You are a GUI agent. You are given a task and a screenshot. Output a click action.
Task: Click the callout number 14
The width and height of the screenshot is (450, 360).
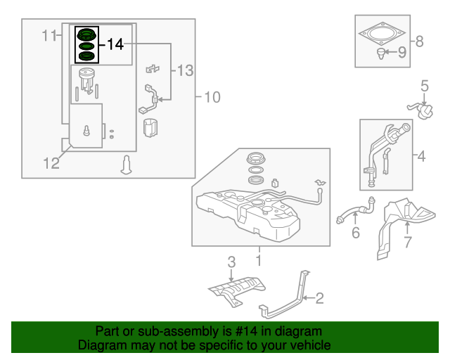116,44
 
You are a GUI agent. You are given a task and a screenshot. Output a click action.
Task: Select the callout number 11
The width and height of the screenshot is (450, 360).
48,35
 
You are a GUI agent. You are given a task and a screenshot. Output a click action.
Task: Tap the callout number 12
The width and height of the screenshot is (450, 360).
51,164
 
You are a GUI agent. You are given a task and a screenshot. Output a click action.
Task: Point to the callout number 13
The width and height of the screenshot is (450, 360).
184,70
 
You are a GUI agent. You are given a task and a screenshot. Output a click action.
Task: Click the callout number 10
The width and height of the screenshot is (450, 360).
212,96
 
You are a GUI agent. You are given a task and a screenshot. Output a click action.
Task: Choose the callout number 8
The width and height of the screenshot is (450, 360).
420,41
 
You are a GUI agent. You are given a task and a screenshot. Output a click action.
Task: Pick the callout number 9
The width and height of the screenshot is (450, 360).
402,51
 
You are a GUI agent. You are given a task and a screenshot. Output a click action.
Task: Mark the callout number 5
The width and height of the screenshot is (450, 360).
425,86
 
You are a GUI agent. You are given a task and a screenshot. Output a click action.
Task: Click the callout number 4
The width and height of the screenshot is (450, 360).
420,157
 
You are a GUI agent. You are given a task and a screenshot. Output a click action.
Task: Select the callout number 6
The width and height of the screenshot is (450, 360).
356,233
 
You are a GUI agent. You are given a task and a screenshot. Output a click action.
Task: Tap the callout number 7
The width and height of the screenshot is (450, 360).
406,243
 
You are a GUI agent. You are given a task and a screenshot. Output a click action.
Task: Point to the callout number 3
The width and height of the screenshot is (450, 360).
231,262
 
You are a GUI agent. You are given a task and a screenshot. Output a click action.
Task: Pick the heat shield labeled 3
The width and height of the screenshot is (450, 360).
236,289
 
